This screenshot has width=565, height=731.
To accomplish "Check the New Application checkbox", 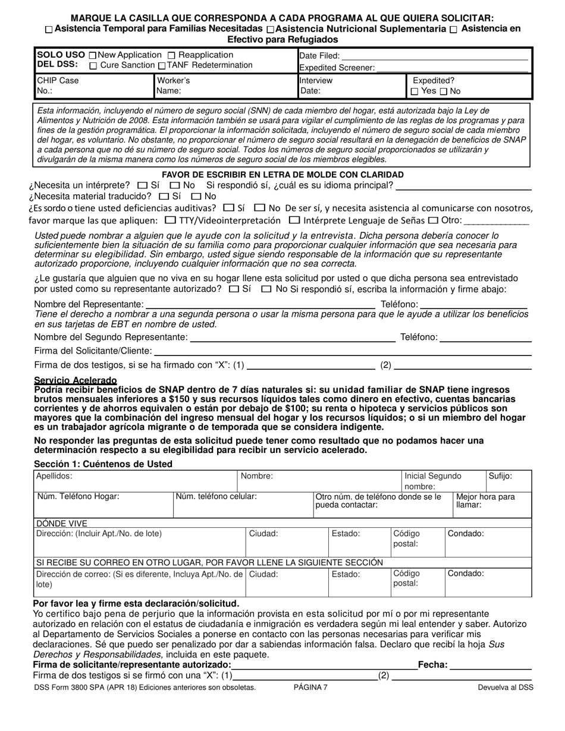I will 92,55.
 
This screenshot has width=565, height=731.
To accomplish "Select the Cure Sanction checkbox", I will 93,66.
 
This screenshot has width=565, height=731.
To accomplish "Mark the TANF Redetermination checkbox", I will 161,66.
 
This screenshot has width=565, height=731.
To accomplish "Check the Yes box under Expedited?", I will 415,92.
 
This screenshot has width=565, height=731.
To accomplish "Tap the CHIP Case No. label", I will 57,86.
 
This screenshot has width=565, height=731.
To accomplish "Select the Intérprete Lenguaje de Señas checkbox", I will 294,220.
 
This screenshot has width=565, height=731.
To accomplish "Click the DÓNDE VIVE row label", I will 61,524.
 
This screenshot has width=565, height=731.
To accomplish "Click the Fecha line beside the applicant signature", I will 491,666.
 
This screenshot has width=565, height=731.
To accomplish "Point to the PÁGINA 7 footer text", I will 310,687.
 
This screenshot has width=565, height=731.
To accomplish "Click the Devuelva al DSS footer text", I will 506,687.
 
